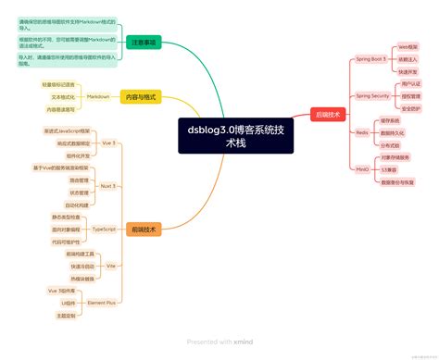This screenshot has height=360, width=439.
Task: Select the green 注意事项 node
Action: pos(144,43)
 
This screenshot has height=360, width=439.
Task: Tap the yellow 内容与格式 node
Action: pos(141,96)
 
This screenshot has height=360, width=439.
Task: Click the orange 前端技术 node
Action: pos(144,229)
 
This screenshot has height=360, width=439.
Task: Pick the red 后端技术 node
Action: pos(329,115)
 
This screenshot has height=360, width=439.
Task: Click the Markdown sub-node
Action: pos(98,96)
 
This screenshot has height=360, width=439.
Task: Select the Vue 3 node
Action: pos(108,143)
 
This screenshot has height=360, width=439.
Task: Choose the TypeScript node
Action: pos(105,228)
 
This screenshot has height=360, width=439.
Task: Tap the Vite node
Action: pos(110,265)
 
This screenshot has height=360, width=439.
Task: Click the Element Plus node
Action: pos(101,302)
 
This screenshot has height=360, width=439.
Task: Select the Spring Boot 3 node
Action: pos(371,58)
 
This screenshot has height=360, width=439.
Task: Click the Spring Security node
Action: pos(370,95)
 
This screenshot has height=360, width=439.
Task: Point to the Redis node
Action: pos(363,132)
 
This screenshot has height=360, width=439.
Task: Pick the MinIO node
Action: pos(363,170)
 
